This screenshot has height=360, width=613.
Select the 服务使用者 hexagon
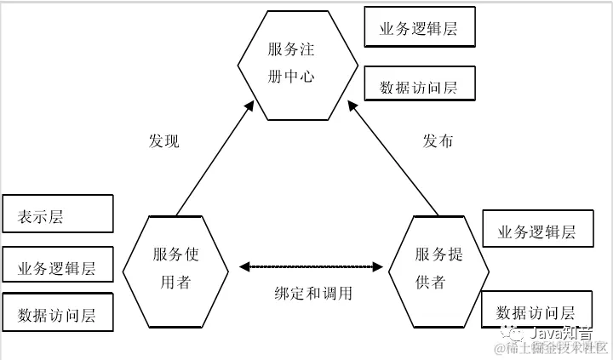tap(175, 268)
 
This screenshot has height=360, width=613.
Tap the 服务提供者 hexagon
tap(439, 269)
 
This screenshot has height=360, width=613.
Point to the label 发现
tap(164, 141)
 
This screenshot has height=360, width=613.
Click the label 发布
tap(438, 141)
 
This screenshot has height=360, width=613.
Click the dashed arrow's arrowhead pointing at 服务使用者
tap(244, 267)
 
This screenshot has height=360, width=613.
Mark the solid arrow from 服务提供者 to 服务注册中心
tap(395, 157)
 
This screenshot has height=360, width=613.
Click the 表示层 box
tap(58, 214)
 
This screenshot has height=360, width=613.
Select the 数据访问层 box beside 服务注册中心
tap(418, 86)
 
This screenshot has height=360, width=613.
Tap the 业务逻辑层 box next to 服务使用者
tap(58, 268)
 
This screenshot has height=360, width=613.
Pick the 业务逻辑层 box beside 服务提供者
tap(537, 231)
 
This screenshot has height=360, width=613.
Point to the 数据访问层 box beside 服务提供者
tap(536, 311)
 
